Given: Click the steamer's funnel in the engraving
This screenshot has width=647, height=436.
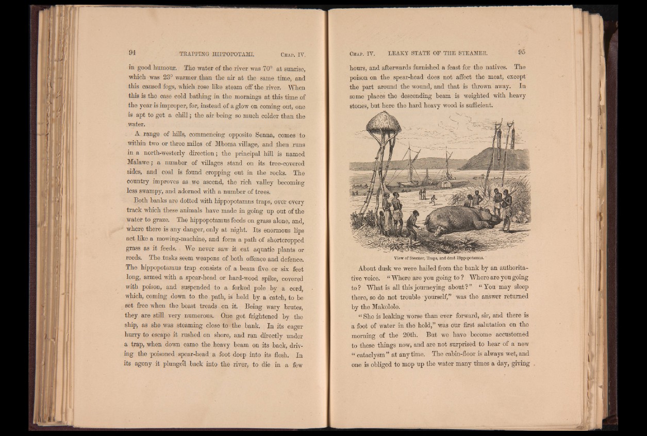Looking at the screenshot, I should coord(427,176).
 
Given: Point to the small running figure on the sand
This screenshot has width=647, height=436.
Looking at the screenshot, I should coord(433,198).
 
